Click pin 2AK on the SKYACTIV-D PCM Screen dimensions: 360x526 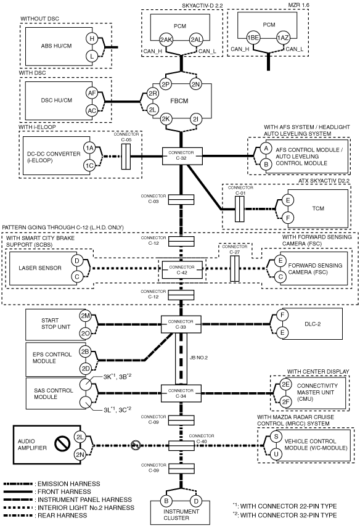point(166,40)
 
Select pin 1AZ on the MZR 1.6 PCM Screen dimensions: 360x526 point(282,38)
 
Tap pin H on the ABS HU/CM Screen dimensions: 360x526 point(92,39)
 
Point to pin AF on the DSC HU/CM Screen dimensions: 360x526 point(92,93)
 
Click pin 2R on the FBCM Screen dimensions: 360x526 point(153,94)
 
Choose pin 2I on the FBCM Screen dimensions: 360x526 point(196,119)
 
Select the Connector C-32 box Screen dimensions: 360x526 point(182,156)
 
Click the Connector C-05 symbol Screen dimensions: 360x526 point(126,157)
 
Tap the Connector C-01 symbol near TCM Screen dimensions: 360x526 point(239,209)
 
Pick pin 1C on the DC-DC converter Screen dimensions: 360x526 point(89,165)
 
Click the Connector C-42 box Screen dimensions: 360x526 point(182,270)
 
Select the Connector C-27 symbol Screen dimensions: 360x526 point(235,269)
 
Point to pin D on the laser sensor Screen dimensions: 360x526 point(77,261)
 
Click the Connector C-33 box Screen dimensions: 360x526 point(181,324)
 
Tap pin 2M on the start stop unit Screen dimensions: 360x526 point(86,316)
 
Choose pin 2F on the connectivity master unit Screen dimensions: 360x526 point(285,401)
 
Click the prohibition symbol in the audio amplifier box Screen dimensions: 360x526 point(62,445)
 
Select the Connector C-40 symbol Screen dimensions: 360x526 point(181,446)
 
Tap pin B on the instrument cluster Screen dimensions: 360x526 point(166,501)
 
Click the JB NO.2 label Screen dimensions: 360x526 point(198,358)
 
